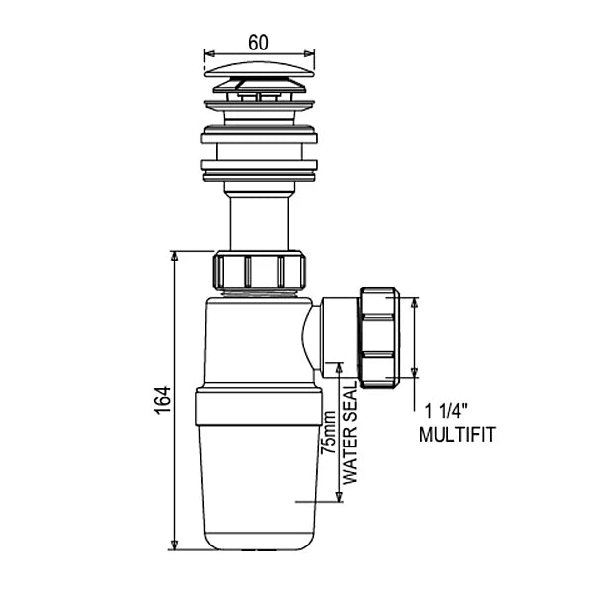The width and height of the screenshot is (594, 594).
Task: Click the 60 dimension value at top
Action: pos(259,43)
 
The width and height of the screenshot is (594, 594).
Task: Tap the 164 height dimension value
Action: pos(163,400)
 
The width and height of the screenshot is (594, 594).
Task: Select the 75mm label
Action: pos(328,433)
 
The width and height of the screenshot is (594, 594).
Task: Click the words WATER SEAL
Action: pos(350,433)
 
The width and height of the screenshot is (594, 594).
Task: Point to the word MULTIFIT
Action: pos(456,435)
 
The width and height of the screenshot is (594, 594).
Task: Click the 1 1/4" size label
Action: pos(446,411)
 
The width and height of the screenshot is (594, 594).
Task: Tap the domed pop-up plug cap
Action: pos(259,70)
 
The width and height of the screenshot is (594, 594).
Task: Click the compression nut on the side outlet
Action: pos(379,338)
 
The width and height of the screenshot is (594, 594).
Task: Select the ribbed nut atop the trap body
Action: pos(259,271)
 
